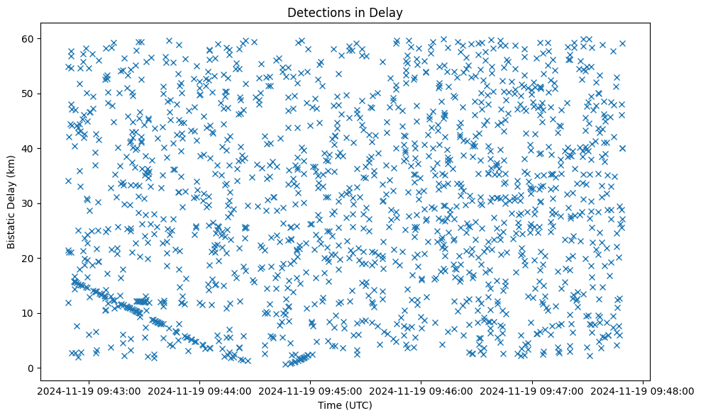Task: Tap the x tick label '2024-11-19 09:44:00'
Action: [199, 390]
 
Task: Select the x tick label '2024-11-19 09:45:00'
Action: [310, 390]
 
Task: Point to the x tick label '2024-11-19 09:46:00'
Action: [421, 390]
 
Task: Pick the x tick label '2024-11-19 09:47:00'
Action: [532, 390]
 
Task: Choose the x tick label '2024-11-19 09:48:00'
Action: [643, 390]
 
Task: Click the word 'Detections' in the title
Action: [314, 13]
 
